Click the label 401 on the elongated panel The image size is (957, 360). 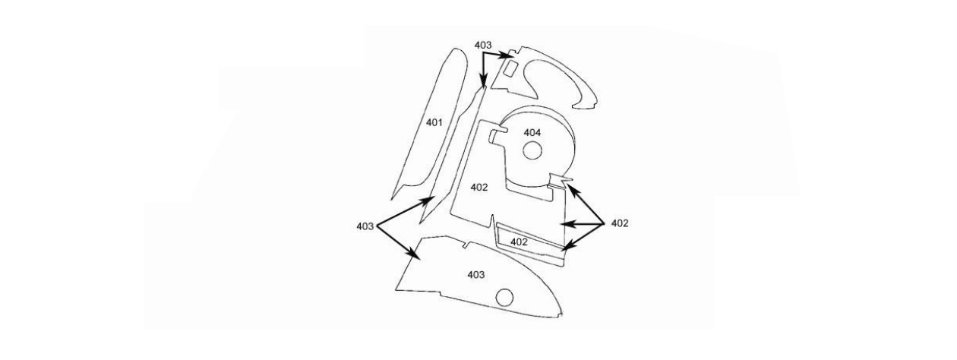click(x=434, y=122)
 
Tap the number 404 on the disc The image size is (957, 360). click(x=532, y=133)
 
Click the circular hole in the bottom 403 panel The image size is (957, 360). click(x=505, y=296)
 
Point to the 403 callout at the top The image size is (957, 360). click(x=483, y=46)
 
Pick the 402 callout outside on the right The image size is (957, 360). click(x=619, y=223)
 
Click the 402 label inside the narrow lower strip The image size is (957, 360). click(x=519, y=242)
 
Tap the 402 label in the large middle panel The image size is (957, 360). click(x=478, y=187)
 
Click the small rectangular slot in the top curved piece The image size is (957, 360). click(x=512, y=69)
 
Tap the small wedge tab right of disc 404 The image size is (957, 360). click(x=560, y=180)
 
